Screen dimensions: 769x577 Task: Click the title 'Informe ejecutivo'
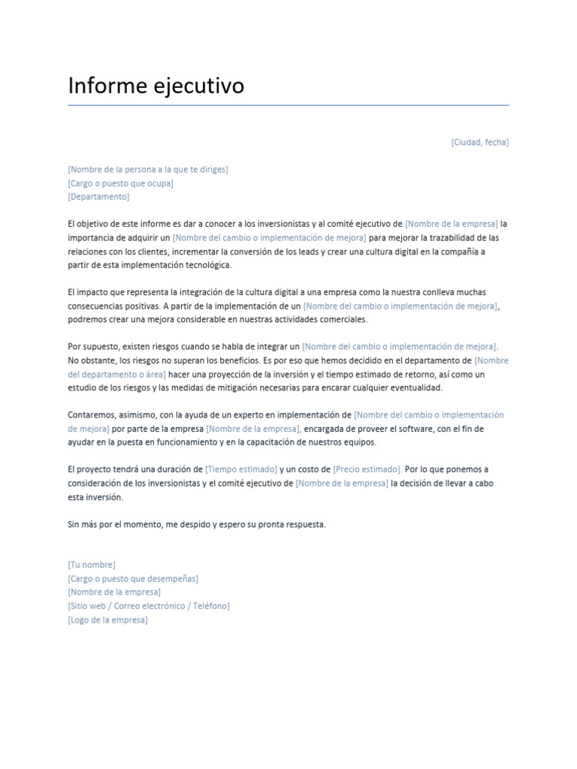click(x=156, y=86)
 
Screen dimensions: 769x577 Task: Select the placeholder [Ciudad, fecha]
click(x=479, y=142)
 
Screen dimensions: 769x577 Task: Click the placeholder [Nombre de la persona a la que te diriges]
click(x=148, y=169)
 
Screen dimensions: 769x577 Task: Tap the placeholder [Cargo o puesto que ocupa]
click(x=120, y=182)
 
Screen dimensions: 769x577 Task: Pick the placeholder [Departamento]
click(x=98, y=196)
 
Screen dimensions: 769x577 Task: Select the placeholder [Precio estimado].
click(x=367, y=469)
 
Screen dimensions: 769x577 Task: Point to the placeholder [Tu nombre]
click(x=92, y=564)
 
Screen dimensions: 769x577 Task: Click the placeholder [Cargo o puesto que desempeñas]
click(x=133, y=578)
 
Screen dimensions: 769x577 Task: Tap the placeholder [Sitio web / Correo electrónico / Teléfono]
click(x=149, y=605)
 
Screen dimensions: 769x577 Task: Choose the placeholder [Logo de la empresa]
click(x=107, y=620)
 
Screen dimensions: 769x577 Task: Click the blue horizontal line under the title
click(x=288, y=105)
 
